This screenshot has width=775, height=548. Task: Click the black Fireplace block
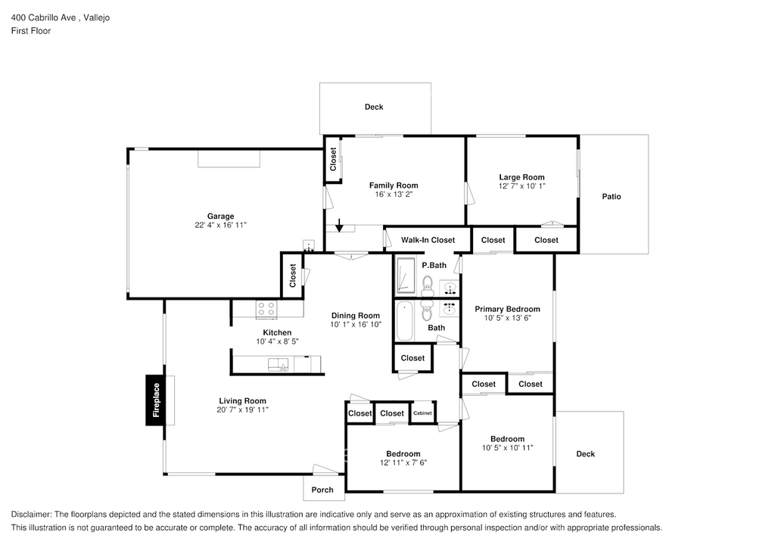157,400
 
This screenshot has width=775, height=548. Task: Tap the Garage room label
221,216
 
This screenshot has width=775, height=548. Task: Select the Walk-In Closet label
428,240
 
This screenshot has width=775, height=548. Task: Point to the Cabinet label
422,413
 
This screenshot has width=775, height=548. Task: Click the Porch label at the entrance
322,490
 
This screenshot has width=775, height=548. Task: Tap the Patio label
612,197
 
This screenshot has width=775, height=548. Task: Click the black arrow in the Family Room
340,225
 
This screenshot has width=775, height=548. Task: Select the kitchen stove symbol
266,308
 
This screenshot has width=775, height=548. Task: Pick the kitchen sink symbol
278,365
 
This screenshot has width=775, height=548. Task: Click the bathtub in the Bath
404,321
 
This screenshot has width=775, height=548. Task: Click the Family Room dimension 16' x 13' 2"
394,195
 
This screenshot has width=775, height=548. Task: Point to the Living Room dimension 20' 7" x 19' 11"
242,410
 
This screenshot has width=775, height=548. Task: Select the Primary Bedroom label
507,309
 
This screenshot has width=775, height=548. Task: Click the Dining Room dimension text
356,325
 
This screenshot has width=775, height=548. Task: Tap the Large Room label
521,177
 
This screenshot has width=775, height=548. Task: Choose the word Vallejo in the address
95,17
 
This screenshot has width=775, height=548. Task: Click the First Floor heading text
31,31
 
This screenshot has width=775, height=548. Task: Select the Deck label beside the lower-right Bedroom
586,454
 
